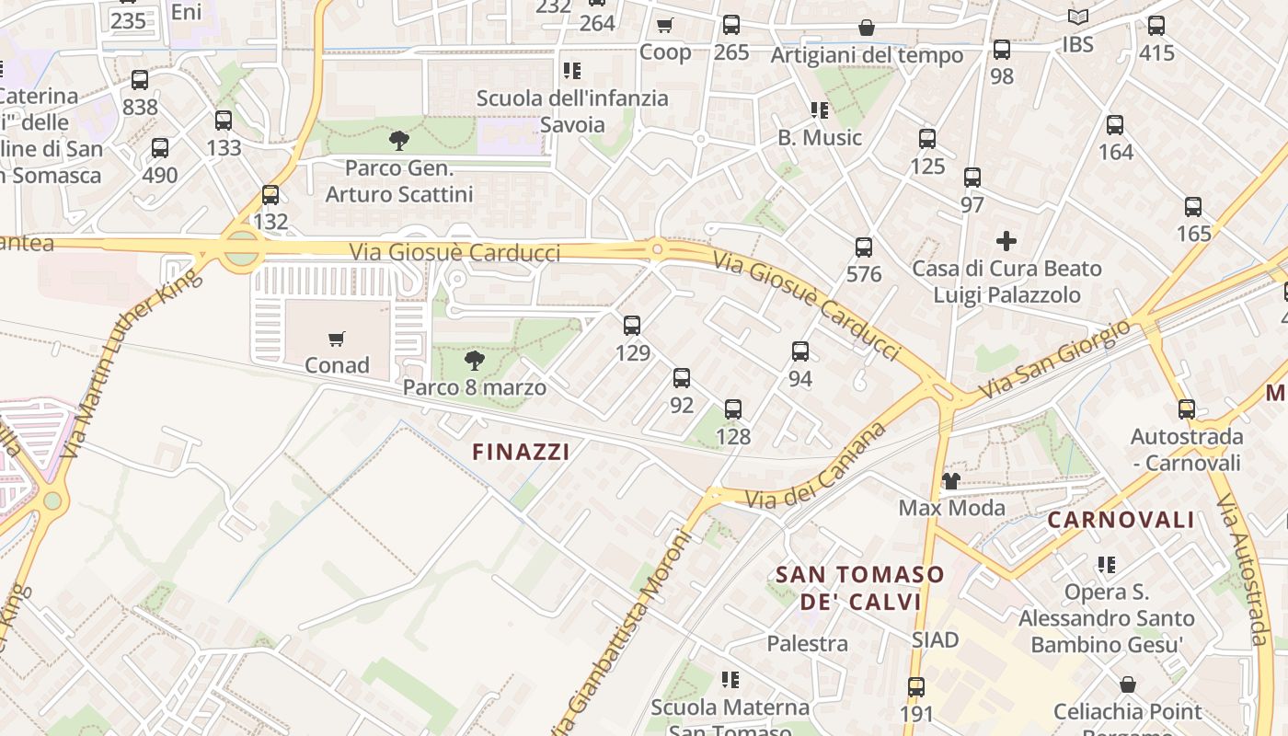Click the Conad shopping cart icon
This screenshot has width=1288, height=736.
pyautogui.click(x=337, y=339)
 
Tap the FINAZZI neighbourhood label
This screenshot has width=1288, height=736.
pyautogui.click(x=521, y=452)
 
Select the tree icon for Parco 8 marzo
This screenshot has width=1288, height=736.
pyautogui.click(x=474, y=360)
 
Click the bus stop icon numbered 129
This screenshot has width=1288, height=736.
pyautogui.click(x=632, y=325)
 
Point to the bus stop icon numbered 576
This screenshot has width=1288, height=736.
pyautogui.click(x=864, y=247)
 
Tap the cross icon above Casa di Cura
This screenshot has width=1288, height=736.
pyautogui.click(x=1006, y=241)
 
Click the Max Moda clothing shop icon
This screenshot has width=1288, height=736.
pyautogui.click(x=951, y=480)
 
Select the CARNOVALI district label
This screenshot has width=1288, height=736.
pyautogui.click(x=1121, y=520)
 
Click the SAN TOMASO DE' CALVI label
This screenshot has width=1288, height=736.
pyautogui.click(x=860, y=588)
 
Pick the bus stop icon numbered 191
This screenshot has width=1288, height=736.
pyautogui.click(x=916, y=686)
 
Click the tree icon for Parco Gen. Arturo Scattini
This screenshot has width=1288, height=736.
pyautogui.click(x=399, y=141)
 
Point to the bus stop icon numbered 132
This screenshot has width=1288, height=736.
pyautogui.click(x=270, y=195)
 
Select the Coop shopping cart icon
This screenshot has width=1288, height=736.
pyautogui.click(x=665, y=26)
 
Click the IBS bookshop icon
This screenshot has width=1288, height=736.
pyautogui.click(x=1078, y=17)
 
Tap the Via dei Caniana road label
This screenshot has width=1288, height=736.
pyautogui.click(x=817, y=468)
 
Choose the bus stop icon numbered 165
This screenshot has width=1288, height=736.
pyautogui.click(x=1193, y=207)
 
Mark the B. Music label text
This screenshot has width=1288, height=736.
pyautogui.click(x=820, y=138)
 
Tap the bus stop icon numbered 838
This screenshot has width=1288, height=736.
pyautogui.click(x=140, y=80)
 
